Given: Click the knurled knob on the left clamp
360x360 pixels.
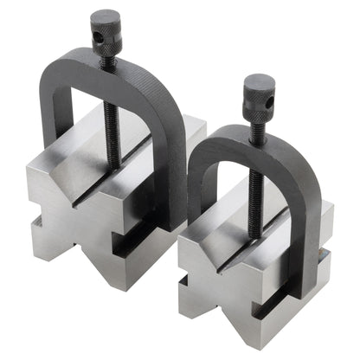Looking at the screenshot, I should click(106, 25).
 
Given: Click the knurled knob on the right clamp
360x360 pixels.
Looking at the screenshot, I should click(258, 89).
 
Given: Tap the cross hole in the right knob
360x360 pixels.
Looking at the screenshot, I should click(267, 95).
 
